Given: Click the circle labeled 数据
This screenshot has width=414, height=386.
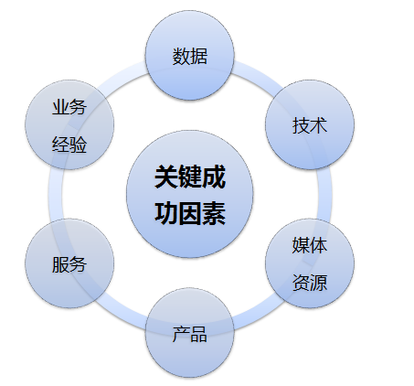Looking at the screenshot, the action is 189,55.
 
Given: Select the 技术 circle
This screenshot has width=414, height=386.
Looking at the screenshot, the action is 310,124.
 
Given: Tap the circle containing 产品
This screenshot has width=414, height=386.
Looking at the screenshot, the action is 189,333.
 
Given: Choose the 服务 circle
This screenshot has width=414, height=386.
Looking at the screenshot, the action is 69,263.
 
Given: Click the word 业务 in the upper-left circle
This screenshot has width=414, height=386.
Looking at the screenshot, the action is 69,107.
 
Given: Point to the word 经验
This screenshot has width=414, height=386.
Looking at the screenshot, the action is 69,145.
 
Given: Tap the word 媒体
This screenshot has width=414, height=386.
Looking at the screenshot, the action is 310,245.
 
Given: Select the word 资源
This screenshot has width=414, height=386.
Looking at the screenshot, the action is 310,283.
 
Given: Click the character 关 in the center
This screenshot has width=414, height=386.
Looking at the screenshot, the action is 166,177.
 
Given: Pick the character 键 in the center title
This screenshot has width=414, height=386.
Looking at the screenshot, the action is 189,177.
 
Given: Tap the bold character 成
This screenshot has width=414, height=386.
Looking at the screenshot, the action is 213,177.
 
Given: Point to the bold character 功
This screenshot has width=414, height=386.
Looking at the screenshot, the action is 166,213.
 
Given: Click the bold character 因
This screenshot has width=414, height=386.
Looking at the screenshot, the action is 189,213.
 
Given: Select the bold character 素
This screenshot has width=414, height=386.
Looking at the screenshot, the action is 213,213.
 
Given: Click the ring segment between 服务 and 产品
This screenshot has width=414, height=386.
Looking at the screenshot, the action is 122,315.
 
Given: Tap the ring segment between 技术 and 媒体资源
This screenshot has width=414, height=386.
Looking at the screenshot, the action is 324,194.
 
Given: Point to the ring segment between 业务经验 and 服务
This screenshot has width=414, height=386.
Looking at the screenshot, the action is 55,194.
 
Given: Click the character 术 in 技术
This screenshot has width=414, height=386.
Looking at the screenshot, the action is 319,125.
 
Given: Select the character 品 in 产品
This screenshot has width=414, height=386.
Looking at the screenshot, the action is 198,334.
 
